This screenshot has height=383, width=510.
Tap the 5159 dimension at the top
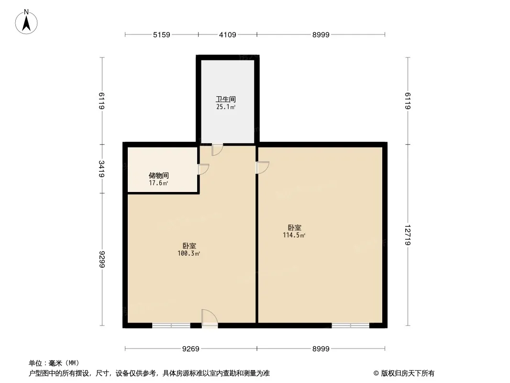click(x=162, y=34)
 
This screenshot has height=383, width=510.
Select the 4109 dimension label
click(x=227, y=34)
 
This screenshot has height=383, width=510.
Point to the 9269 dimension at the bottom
click(x=190, y=349)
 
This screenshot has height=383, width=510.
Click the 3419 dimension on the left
click(x=102, y=169)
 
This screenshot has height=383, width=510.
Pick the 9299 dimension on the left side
click(x=102, y=259)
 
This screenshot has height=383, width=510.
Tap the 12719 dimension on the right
click(x=408, y=235)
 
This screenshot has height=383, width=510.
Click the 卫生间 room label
click(x=226, y=99)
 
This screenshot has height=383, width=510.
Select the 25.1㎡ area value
click(x=226, y=107)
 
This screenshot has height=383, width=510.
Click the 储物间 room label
click(x=159, y=176)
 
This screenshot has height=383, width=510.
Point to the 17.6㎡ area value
click(x=158, y=183)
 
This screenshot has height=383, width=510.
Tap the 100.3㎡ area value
click(x=188, y=253)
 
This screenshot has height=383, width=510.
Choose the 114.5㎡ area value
click(x=294, y=235)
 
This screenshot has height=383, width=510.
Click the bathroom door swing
click(x=217, y=149)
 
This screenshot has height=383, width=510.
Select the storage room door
click(x=204, y=169)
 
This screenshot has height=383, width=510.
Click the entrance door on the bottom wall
click(x=210, y=318)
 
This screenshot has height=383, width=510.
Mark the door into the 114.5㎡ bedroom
click(x=262, y=168)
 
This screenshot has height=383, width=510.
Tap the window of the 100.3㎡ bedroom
click(x=171, y=325)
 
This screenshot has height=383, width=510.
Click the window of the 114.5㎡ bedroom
click(x=351, y=325)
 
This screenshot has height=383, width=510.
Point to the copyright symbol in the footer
click(x=377, y=373)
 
